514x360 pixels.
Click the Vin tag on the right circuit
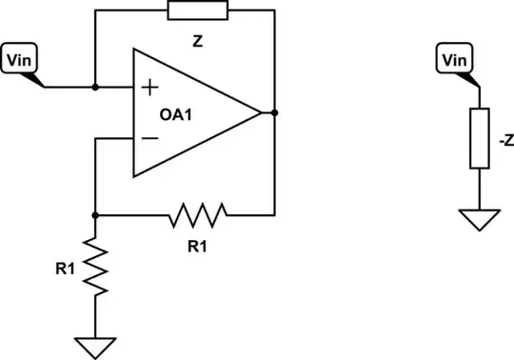click(x=454, y=60)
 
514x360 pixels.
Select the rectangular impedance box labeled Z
click(x=196, y=10)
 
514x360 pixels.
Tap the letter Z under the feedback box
click(x=197, y=42)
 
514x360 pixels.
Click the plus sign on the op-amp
click(x=148, y=88)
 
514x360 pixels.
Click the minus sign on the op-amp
click(x=148, y=138)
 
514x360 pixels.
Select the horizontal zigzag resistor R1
click(x=198, y=215)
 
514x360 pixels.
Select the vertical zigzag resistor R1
click(x=96, y=267)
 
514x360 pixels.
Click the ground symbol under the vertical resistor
click(x=96, y=345)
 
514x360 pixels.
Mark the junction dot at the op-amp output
click(x=274, y=112)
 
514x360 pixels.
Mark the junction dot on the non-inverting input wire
click(x=96, y=87)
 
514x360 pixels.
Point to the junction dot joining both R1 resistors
click(x=96, y=215)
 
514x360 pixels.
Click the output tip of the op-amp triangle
click(x=259, y=112)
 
